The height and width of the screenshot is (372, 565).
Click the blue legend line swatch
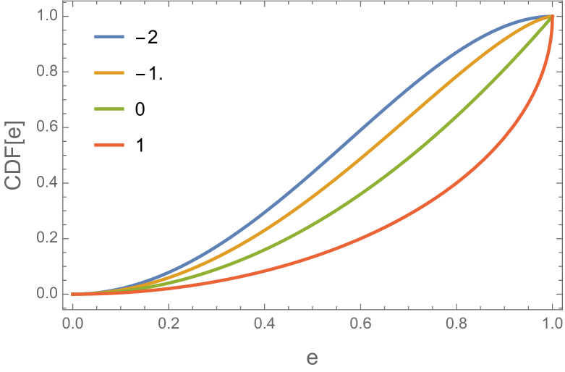(109, 36)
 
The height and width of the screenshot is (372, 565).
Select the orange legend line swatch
(109, 72)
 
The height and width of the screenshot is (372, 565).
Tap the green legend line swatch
(109, 109)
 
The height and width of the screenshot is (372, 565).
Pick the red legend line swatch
(109, 145)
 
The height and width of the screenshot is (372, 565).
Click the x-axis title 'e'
(312, 358)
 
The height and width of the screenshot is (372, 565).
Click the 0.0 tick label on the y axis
(48, 294)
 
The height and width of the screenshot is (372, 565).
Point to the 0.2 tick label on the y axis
(48, 239)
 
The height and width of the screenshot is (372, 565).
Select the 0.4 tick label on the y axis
(48, 183)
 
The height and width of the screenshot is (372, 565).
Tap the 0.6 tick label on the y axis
(48, 127)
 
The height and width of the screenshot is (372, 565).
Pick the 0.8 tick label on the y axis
(48, 72)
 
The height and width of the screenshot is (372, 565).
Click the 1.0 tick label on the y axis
(48, 17)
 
